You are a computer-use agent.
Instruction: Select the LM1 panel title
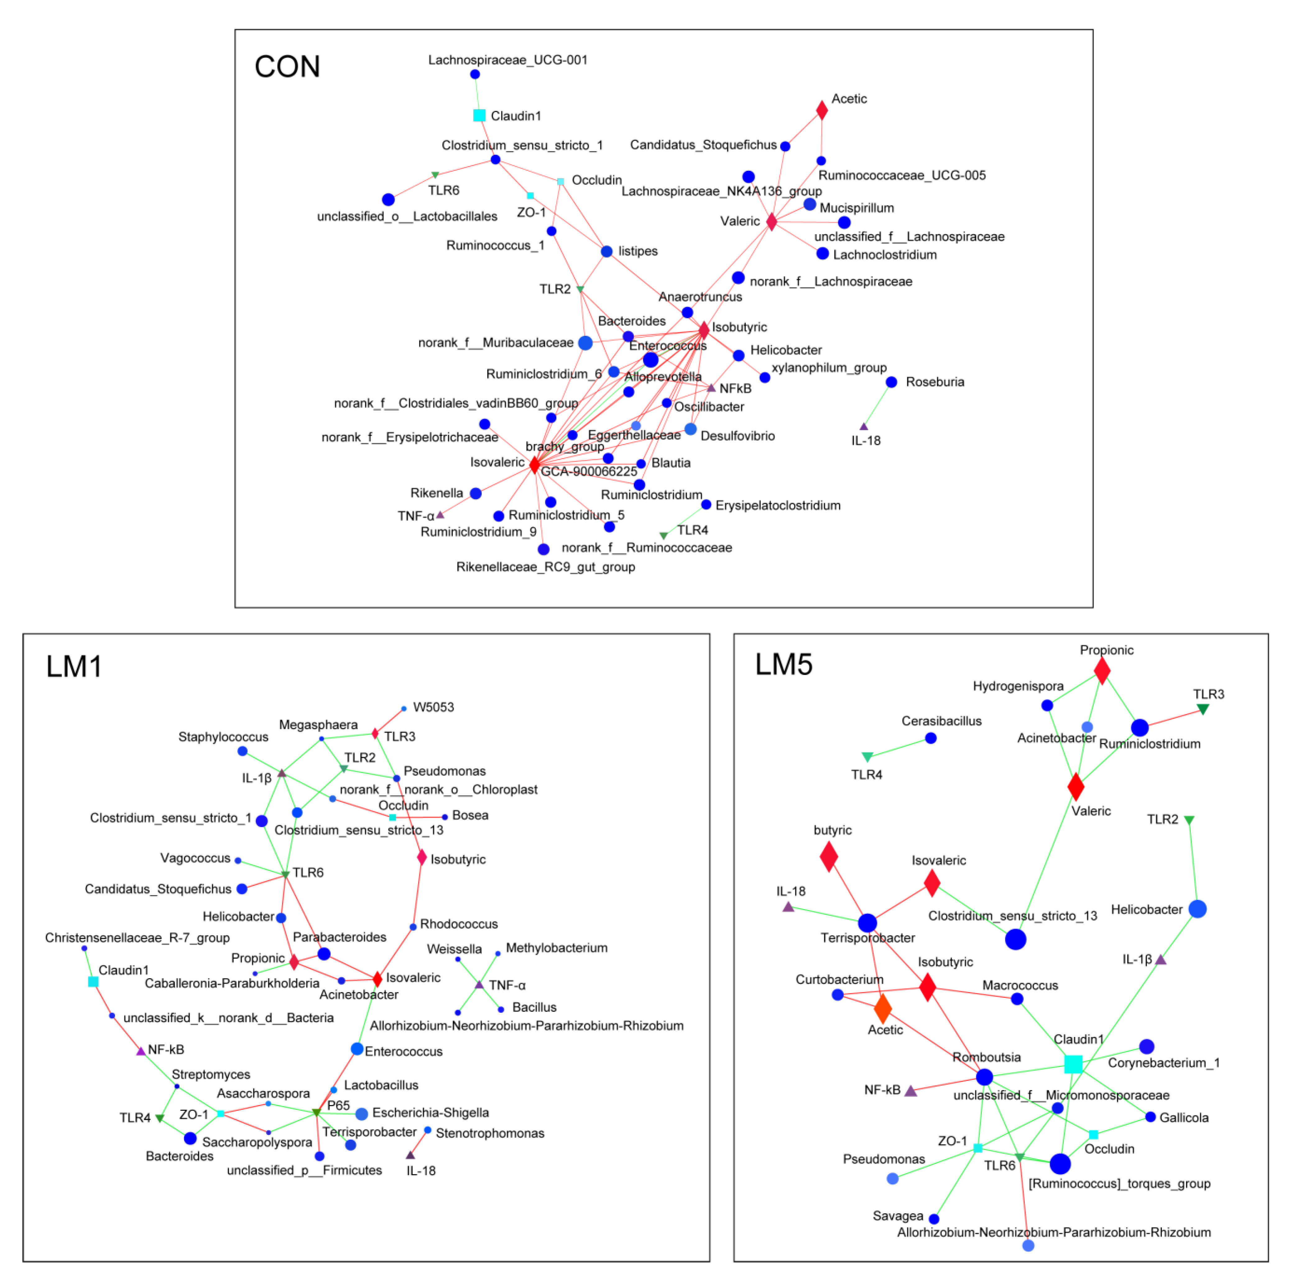[74, 667]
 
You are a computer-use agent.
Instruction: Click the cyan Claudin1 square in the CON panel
[479, 115]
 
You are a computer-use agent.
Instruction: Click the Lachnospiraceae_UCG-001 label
[508, 60]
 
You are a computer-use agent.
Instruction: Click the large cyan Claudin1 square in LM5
[1073, 1064]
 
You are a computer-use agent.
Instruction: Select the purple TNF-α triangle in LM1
[479, 985]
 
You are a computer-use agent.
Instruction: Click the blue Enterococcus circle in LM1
[357, 1049]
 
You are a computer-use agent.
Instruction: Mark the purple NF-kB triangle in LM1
[141, 1052]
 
